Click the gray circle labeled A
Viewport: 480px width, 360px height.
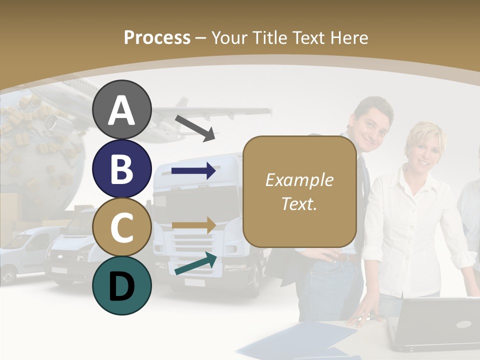(121, 110)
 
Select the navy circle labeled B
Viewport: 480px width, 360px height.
(121, 168)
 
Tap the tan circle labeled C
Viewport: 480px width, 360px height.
(121, 227)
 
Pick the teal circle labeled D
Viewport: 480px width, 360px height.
(121, 285)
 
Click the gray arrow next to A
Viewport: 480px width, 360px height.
(195, 128)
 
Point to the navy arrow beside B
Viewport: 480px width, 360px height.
(193, 171)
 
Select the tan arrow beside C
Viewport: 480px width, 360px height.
(193, 225)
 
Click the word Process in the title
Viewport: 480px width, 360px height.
(157, 37)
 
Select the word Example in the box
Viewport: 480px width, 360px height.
(299, 180)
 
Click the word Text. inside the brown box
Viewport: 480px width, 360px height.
(299, 203)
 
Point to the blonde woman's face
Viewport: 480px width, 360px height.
(425, 147)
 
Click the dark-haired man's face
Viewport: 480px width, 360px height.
(374, 125)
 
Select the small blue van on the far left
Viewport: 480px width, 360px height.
(25, 252)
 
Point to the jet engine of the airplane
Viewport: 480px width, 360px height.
(52, 120)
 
